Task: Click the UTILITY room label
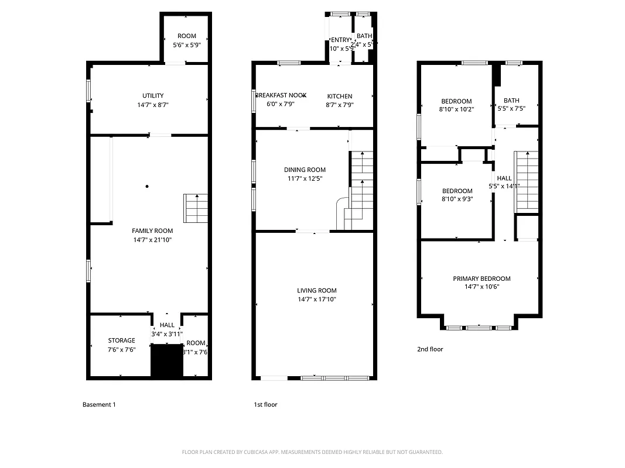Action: coord(152,96)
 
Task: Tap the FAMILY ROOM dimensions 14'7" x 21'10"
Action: coord(152,240)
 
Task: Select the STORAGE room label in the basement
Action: coord(121,340)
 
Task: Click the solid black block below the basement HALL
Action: coord(167,361)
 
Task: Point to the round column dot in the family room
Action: coord(147,187)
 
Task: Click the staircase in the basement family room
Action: coord(196,208)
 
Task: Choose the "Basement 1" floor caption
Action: coord(99,404)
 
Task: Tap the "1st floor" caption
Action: coord(265,404)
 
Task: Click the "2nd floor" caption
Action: coord(430,349)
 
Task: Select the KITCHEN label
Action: coord(340,97)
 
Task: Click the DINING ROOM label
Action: coord(305,170)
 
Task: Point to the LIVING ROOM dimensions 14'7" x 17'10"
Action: coord(316,300)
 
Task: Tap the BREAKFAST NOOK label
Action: coord(281,95)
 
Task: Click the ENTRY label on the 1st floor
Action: coord(340,40)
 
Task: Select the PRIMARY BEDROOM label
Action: coord(481,279)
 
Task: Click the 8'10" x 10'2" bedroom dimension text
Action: coord(456,109)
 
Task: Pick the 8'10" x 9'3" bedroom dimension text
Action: coord(457,199)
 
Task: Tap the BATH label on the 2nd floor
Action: coord(511,101)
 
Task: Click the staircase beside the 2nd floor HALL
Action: coord(525,181)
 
